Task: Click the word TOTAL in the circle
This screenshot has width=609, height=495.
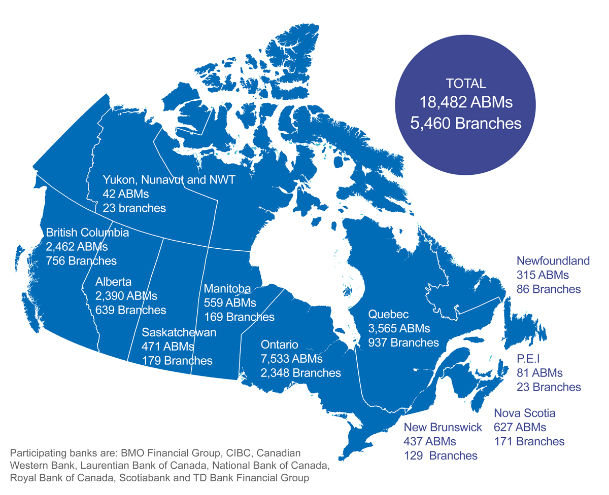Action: tap(465, 84)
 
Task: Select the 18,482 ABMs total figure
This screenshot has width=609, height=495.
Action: tap(465, 103)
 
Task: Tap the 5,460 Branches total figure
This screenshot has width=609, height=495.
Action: tap(465, 124)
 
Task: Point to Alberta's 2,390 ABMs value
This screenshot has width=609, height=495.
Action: tap(126, 295)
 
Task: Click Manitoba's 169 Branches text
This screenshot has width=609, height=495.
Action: tap(239, 317)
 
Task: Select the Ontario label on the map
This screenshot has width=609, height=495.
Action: tap(279, 345)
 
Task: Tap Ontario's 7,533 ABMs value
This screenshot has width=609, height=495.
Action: tap(291, 359)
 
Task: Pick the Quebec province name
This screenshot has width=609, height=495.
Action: tap(388, 314)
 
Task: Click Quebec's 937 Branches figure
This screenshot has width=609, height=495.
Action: tap(403, 342)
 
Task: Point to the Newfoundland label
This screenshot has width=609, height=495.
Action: tap(553, 261)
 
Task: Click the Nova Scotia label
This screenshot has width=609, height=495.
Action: tap(524, 412)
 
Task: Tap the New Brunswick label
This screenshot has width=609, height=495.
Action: tap(443, 427)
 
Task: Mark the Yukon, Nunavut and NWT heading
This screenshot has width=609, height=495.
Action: tap(168, 179)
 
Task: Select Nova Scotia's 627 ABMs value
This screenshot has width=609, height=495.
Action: tap(520, 427)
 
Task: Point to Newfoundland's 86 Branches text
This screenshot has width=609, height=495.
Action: tap(548, 289)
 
